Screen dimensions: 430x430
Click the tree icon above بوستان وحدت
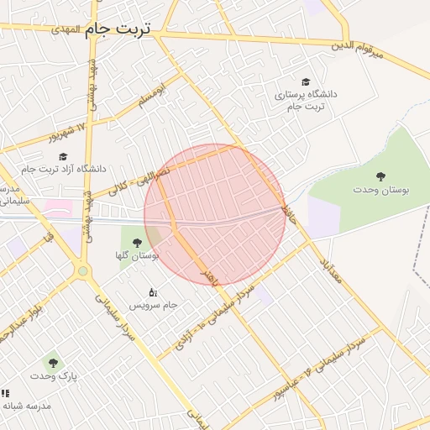381,176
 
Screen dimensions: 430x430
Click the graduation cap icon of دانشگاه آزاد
62,155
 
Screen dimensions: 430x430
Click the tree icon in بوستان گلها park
137,243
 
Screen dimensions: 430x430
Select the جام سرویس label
153,304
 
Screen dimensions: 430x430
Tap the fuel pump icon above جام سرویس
152,291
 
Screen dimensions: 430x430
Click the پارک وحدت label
55,376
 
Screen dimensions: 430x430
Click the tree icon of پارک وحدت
54,363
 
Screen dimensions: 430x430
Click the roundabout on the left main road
82,271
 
